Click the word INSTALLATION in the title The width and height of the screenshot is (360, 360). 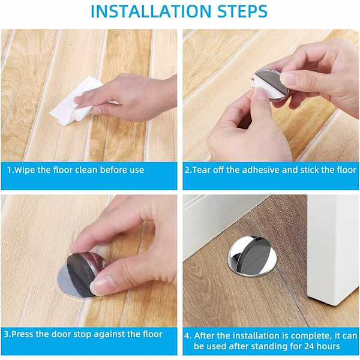click(151, 11)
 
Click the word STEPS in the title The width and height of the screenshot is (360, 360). click(242, 11)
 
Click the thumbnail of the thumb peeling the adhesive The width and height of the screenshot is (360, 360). click(260, 93)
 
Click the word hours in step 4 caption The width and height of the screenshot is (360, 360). click(329, 346)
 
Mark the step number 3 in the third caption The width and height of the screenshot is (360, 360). click(6, 334)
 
